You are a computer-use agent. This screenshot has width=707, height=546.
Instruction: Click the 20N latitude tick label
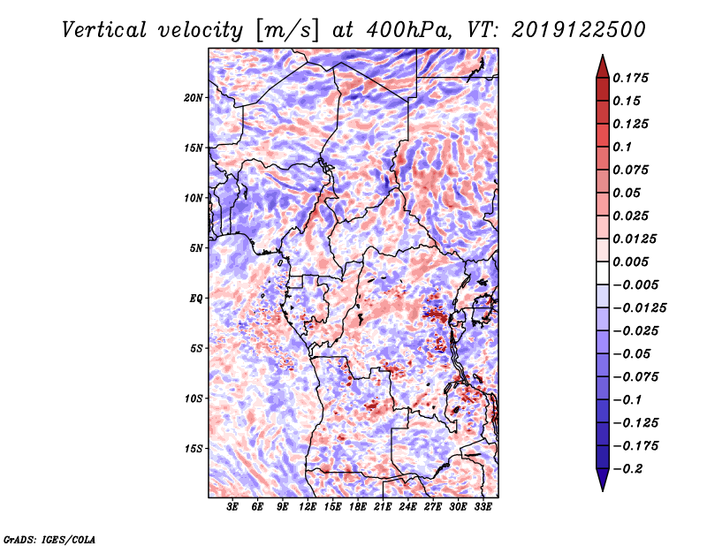pos(193,98)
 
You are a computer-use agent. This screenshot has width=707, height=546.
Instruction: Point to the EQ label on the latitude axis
pos(195,299)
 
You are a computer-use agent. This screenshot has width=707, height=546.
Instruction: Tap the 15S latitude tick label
pos(193,449)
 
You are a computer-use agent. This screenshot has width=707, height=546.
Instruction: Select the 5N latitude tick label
pos(195,248)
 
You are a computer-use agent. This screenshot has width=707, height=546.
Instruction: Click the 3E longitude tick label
pos(232,506)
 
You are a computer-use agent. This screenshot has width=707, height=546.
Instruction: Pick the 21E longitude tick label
pos(383,506)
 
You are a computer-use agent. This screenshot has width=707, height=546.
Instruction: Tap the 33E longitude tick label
pos(483,506)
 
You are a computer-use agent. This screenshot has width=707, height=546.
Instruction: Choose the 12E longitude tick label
pos(308,506)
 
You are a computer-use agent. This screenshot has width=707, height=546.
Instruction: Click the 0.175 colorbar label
pos(630,78)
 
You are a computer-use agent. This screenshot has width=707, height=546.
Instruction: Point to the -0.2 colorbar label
pos(627,469)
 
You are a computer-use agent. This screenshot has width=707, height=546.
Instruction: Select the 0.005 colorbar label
pos(630,262)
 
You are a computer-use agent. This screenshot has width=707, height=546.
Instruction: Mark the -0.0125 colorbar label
pos(639,308)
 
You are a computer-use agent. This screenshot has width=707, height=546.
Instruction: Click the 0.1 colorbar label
pos(622,147)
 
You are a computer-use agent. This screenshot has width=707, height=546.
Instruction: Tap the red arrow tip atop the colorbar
pos(603,55)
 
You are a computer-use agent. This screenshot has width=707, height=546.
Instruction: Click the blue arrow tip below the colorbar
pos(603,490)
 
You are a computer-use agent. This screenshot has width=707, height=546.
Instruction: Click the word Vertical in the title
pos(104,30)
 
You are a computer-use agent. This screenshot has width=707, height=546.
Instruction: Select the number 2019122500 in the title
pos(579,30)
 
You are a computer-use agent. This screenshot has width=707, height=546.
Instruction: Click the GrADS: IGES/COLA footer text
pos(49,539)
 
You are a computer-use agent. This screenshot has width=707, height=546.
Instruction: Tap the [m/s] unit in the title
pos(287,31)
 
